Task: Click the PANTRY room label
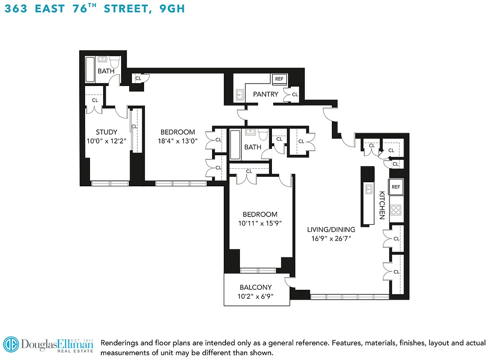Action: [x=265, y=94]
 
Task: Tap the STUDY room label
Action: [x=107, y=132]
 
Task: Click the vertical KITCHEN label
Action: [x=381, y=205]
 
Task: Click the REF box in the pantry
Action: [x=279, y=79]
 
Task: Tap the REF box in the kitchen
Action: [x=396, y=187]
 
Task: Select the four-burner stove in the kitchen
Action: [x=396, y=209]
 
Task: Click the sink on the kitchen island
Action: [x=368, y=189]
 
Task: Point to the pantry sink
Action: [x=239, y=94]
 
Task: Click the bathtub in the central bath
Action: [x=235, y=144]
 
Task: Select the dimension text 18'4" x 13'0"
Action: [x=178, y=140]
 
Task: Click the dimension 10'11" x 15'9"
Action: [x=260, y=223]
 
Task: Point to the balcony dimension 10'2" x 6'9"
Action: [x=255, y=296]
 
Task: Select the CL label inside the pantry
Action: [x=295, y=94]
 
